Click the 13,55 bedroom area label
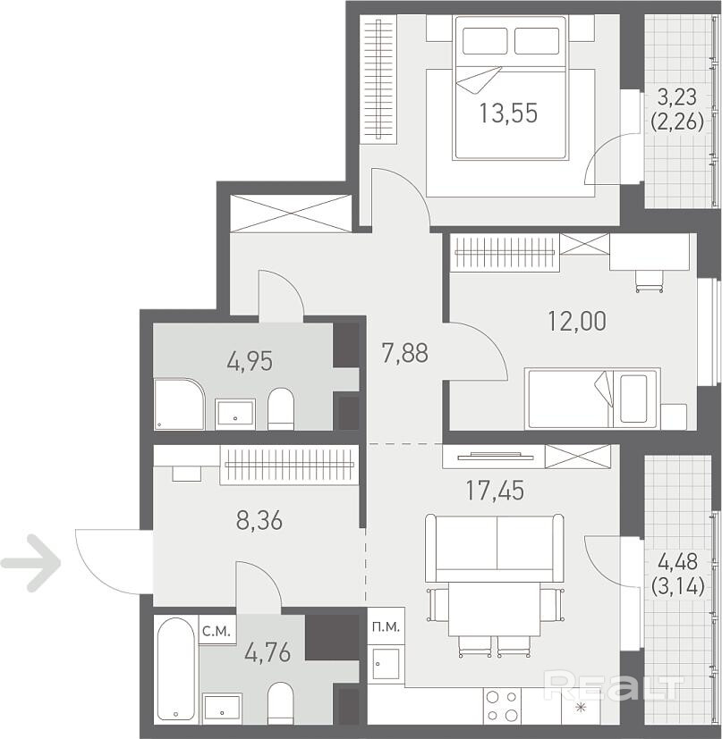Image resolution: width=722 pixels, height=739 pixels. point(508,113)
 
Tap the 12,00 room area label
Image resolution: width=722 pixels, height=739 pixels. point(577,322)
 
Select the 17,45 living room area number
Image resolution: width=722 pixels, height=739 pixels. point(495,491)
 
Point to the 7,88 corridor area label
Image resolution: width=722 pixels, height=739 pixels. point(405,354)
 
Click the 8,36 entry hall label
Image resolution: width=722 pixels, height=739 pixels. point(259,521)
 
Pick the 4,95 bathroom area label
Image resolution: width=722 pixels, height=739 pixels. point(250,362)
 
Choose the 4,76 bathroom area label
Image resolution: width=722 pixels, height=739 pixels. point(268,653)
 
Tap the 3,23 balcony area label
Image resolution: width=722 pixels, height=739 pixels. point(677,97)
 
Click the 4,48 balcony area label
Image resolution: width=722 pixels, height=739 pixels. point(677,562)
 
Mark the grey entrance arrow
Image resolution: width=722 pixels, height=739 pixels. point(31,563)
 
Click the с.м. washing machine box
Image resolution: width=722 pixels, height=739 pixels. point(217,630)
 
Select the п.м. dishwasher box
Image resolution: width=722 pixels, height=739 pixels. point(386,626)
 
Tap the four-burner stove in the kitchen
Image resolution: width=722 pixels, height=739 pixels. point(502,706)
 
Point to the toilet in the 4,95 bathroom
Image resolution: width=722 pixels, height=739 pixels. point(281,408)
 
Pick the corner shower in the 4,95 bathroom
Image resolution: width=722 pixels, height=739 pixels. point(179,404)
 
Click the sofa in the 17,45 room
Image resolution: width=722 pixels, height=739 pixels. point(495,548)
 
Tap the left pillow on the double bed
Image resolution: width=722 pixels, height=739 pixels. point(485,41)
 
